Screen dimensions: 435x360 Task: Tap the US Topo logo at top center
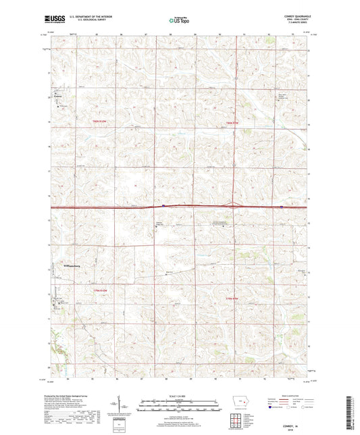point(175,21)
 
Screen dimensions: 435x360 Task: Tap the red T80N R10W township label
point(100,120)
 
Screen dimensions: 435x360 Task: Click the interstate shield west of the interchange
point(164,207)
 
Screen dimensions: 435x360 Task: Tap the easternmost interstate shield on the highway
point(281,207)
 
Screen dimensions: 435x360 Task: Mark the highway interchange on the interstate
point(234,205)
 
